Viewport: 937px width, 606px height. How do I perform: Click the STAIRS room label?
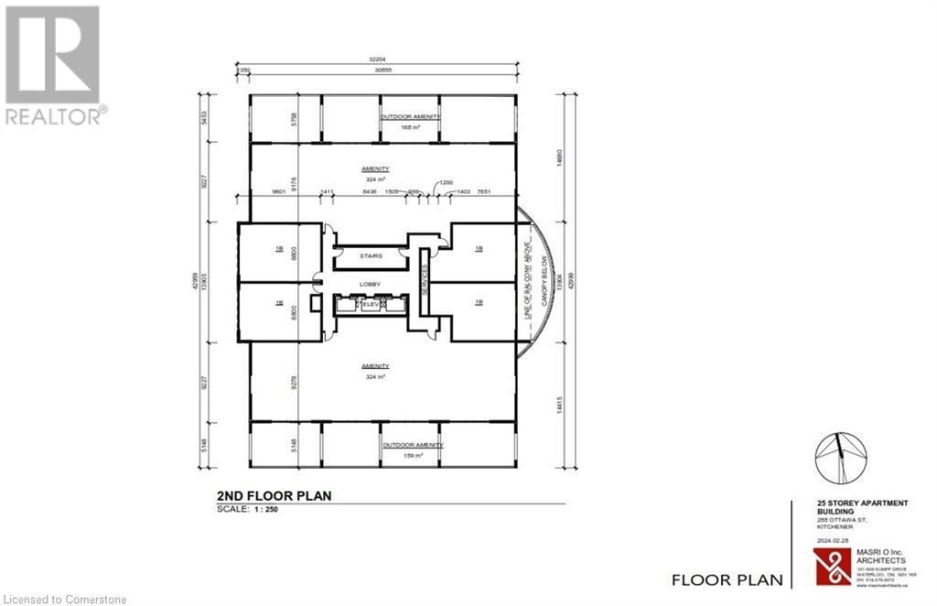(x=371, y=257)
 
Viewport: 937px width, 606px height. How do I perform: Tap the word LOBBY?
(x=371, y=285)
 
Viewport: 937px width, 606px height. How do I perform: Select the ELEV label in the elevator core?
(x=372, y=305)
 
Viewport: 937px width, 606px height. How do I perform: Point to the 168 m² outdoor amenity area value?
(x=411, y=128)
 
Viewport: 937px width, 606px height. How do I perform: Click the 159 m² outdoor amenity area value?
(x=411, y=455)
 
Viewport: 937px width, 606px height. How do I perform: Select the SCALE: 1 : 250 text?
(x=246, y=510)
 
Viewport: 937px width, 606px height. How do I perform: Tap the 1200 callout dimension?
(x=446, y=183)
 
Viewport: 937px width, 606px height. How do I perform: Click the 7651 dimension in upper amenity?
(x=483, y=192)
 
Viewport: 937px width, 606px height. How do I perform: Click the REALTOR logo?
(x=53, y=64)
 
